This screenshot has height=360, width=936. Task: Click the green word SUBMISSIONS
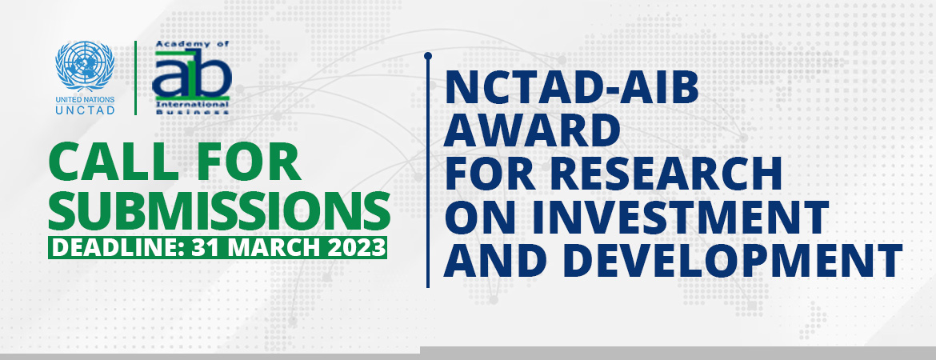[x=220, y=210]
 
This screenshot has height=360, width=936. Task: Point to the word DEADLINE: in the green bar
[x=117, y=247]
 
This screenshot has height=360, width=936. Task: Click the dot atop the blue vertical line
[x=428, y=56]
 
